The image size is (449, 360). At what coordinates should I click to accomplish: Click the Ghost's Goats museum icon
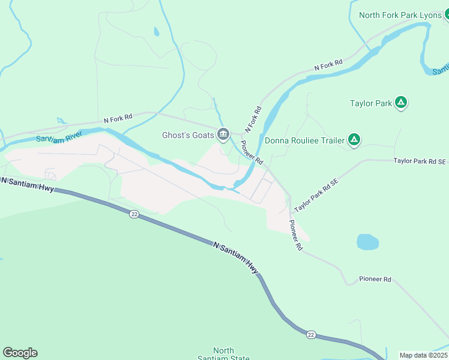(x=223, y=134)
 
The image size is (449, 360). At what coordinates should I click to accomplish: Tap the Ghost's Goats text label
(x=188, y=135)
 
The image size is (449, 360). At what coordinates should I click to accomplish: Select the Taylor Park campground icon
(x=402, y=103)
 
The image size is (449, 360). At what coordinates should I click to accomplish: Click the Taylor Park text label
(x=371, y=103)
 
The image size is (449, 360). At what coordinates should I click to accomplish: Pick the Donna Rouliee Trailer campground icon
(x=354, y=140)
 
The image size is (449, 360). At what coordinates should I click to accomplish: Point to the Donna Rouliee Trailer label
(x=305, y=141)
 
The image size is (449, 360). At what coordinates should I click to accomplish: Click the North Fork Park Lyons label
(x=400, y=15)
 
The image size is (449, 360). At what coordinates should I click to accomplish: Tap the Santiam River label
(x=59, y=137)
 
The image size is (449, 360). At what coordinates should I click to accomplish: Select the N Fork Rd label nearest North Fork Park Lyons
(x=328, y=65)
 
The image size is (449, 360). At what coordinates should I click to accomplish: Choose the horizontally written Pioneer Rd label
(x=375, y=280)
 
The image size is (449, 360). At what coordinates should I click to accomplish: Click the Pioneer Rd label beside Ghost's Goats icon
(x=252, y=152)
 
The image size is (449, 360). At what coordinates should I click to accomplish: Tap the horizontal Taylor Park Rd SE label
(x=420, y=161)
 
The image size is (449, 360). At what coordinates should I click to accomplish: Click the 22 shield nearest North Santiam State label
(x=310, y=334)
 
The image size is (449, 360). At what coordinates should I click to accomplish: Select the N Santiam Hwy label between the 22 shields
(x=236, y=257)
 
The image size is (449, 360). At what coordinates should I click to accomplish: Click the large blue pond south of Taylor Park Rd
(x=367, y=242)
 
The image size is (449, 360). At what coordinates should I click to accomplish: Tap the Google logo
(x=20, y=353)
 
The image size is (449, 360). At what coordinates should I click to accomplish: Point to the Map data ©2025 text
(x=423, y=355)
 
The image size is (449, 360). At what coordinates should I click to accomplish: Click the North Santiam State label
(x=224, y=355)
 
